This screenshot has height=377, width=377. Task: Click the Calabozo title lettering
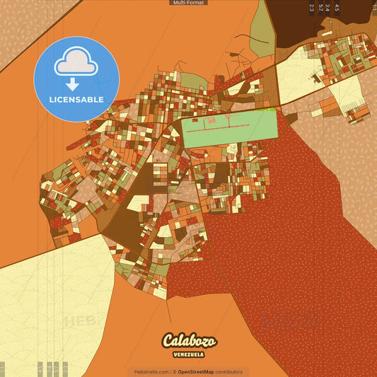click(189, 341)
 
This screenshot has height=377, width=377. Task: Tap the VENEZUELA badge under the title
click(189, 354)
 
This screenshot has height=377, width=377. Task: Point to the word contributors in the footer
click(229, 371)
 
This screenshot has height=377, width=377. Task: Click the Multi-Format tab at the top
click(188, 3)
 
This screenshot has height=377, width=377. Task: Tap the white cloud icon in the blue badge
click(76, 64)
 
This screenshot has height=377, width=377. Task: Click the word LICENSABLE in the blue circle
click(76, 99)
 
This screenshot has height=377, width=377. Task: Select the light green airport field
click(230, 127)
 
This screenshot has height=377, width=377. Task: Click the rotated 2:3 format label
click(312, 8)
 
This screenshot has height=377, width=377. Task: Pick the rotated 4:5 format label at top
click(337, 8)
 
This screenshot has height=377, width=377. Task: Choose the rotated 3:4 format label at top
click(327, 8)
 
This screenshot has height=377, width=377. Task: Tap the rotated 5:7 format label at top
click(320, 8)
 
